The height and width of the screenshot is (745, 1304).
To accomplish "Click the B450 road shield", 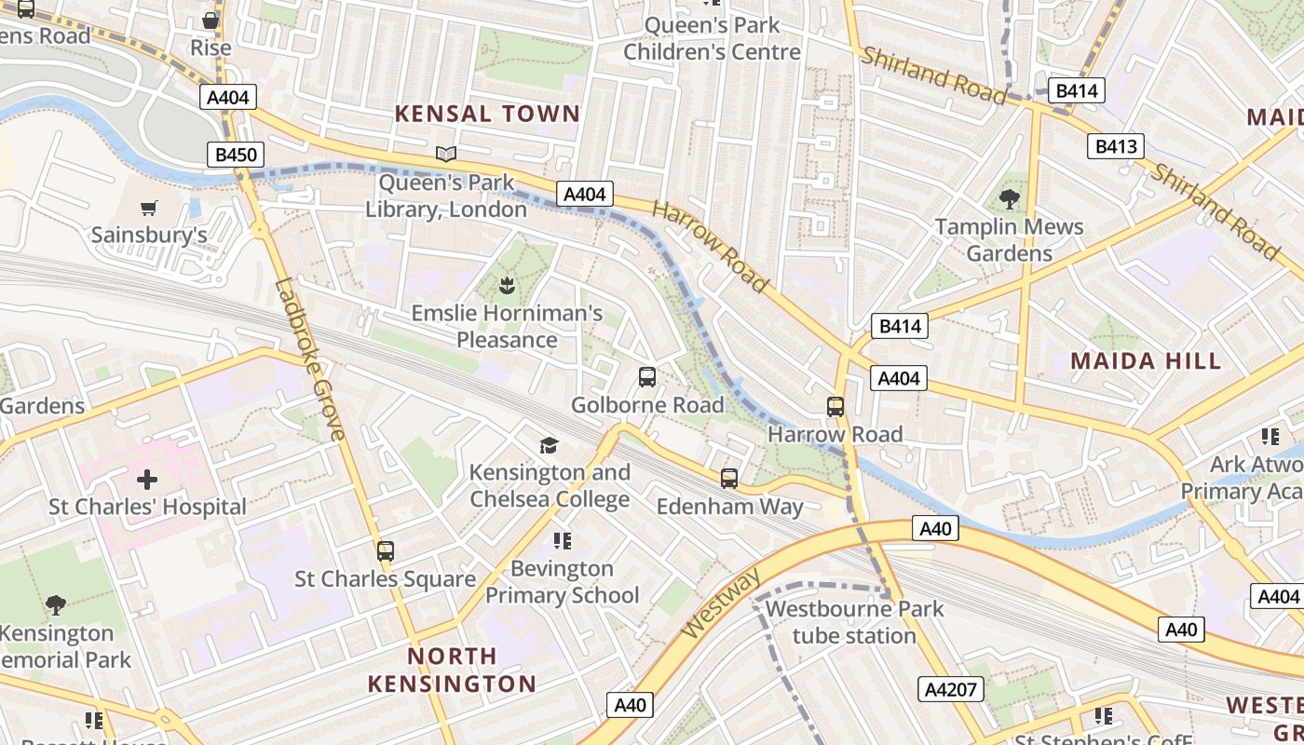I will click(235, 155).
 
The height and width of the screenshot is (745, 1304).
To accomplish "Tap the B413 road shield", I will click(1115, 146).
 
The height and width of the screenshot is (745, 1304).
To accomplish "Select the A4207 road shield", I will click(951, 689).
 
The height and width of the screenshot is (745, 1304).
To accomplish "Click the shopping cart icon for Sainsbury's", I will click(149, 208).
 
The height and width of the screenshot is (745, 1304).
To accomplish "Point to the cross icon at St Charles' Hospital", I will click(147, 481).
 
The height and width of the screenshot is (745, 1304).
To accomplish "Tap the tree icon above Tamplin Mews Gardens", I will click(1009, 198).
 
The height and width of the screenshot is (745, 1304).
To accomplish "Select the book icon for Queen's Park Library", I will click(446, 154).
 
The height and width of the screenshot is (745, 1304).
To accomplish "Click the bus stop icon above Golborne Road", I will click(647, 377).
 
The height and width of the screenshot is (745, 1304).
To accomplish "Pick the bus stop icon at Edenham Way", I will click(729, 479).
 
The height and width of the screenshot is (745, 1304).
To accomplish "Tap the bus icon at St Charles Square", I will click(386, 550).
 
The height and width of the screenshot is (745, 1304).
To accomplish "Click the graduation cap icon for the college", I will click(550, 445).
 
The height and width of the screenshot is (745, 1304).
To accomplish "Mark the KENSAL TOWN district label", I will click(487, 114).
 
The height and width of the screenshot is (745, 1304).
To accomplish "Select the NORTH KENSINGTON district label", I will click(452, 670).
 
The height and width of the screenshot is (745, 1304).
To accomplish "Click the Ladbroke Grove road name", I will click(310, 359).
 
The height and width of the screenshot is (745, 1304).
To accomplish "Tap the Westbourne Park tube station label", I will click(854, 622).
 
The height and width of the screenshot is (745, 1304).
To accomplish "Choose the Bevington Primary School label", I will click(562, 581).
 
